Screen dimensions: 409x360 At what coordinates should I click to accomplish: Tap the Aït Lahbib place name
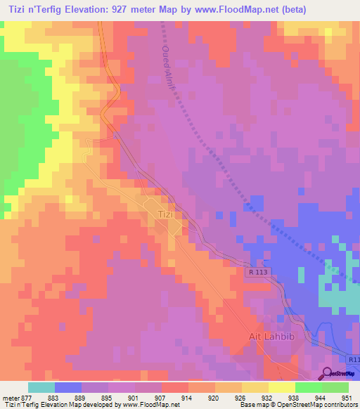270,337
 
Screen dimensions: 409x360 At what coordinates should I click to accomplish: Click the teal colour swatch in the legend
41,387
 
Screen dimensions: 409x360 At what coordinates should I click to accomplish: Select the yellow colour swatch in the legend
281,387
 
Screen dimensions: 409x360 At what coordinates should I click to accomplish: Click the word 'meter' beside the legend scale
11,398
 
